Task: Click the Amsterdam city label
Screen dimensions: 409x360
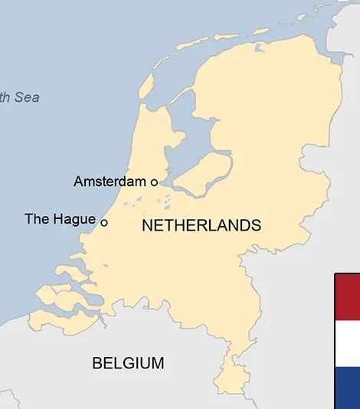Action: pyautogui.click(x=109, y=182)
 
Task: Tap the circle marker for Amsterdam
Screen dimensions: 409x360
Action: pyautogui.click(x=154, y=182)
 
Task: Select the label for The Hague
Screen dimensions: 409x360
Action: pyautogui.click(x=60, y=219)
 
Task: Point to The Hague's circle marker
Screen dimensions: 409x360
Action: pyautogui.click(x=104, y=223)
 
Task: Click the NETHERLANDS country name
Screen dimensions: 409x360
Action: pyautogui.click(x=201, y=226)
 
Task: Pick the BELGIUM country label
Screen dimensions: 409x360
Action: pyautogui.click(x=128, y=363)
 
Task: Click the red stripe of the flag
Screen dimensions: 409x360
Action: pyautogui.click(x=348, y=296)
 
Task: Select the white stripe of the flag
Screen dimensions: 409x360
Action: pyautogui.click(x=348, y=342)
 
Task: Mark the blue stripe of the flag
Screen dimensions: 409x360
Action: pyautogui.click(x=348, y=388)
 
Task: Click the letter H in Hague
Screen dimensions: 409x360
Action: pyautogui.click(x=57, y=219)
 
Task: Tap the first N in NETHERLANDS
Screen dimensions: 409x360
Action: pyautogui.click(x=147, y=226)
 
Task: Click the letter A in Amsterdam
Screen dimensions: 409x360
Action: pyautogui.click(x=78, y=182)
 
